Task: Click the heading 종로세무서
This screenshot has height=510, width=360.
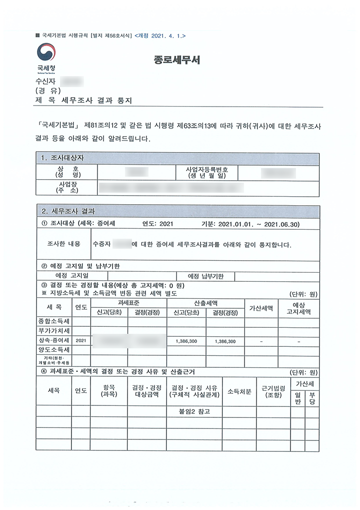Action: coord(177,61)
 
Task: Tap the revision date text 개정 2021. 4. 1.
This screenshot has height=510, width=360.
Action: coord(160,36)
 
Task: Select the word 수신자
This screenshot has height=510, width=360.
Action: coord(46,81)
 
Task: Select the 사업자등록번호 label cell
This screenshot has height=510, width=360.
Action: coord(207,173)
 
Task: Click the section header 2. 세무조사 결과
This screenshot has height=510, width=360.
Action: coord(67,211)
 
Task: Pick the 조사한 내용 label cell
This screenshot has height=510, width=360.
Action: coord(63,244)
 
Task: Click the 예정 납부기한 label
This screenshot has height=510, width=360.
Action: coord(205,276)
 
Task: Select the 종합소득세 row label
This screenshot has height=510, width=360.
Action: coord(54,320)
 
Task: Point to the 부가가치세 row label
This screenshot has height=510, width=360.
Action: coord(54,331)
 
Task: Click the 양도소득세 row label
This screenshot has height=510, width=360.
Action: coord(54,350)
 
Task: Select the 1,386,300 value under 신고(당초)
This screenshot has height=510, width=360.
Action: coord(186,341)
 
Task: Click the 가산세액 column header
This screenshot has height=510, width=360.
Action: coord(261,308)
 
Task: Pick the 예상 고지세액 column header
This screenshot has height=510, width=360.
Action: coord(298,308)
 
